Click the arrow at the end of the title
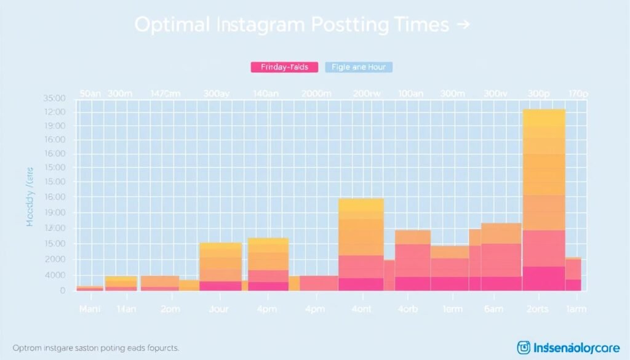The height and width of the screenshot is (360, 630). point(463,25)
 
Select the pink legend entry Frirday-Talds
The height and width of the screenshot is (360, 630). point(285,67)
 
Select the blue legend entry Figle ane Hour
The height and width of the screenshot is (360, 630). point(358,67)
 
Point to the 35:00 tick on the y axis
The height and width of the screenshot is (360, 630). point(55,98)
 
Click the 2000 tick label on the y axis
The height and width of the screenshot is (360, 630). point(55,260)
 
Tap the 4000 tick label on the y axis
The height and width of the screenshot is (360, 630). point(55,275)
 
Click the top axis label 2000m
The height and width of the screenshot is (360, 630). point(317,94)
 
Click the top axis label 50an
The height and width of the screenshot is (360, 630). point(90,94)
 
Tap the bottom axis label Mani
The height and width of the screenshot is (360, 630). point(89,310)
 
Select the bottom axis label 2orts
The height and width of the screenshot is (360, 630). point(543,310)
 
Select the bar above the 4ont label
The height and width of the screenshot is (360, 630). point(361,246)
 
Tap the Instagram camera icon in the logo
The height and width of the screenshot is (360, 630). point(524,348)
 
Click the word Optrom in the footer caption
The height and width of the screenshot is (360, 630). point(26,348)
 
